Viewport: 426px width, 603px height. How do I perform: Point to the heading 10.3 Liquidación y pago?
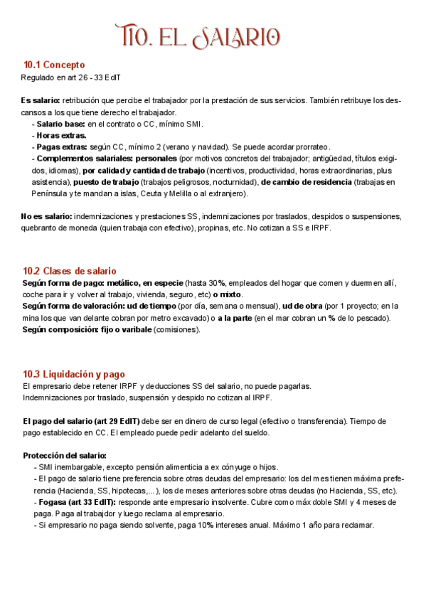coord(73,374)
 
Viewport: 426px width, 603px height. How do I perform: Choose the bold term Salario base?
coord(61,124)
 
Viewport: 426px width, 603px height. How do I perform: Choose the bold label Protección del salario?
coord(65,455)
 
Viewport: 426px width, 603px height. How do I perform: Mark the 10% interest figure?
coord(206,525)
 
